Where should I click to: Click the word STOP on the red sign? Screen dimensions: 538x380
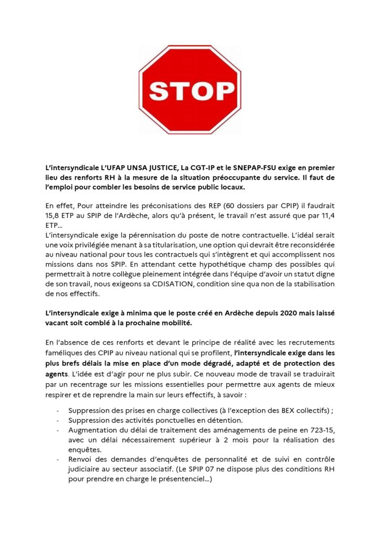coord(189,90)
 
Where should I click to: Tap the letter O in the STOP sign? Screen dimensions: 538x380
coord(199,90)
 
